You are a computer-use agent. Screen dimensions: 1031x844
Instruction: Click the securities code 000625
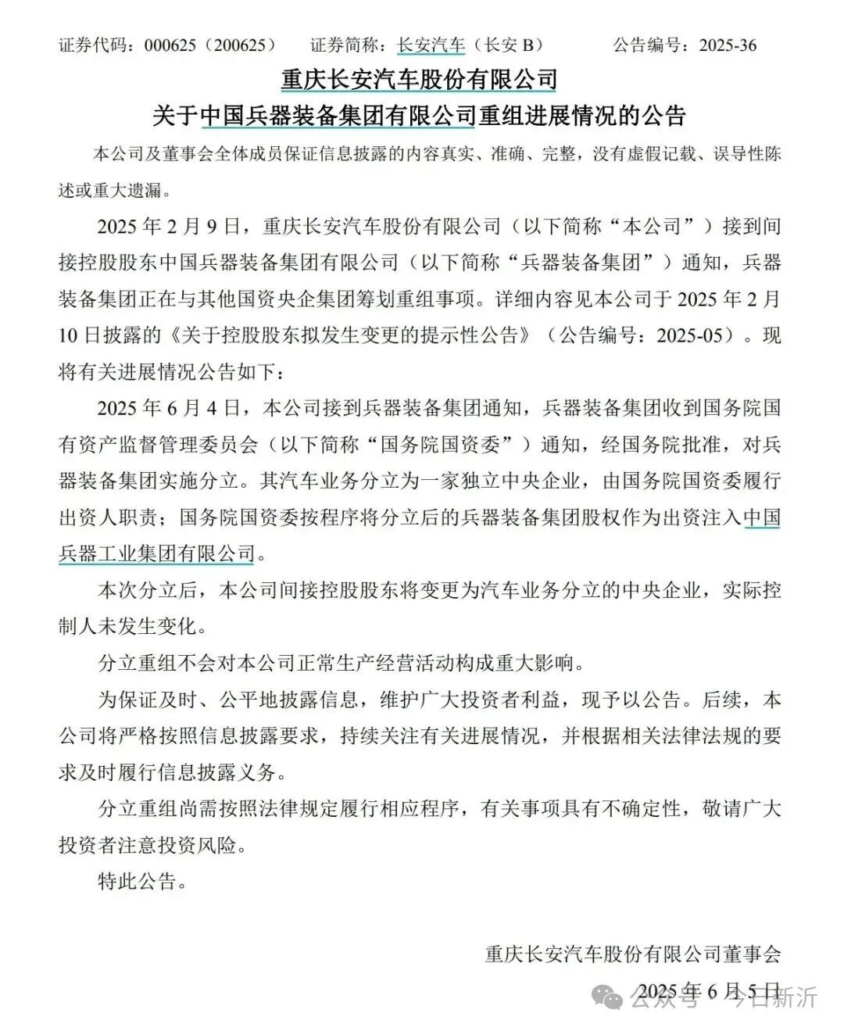pos(170,45)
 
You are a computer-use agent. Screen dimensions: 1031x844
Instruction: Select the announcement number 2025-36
pos(728,45)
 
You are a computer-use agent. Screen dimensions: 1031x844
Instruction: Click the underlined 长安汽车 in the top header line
pos(431,45)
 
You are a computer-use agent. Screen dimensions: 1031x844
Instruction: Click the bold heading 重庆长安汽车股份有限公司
pos(420,79)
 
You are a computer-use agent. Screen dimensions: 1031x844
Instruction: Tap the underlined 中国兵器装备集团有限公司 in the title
pos(338,116)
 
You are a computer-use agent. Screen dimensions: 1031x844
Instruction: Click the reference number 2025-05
pos(695,335)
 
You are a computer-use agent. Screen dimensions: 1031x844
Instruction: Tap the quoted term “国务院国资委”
pos(449,445)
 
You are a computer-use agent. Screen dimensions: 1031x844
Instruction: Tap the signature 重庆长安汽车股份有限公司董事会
pos(632,954)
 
